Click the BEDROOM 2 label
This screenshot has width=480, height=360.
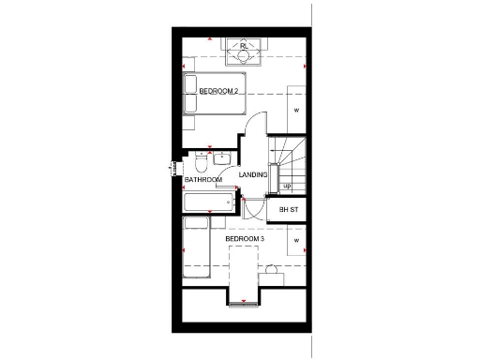pos(218,91)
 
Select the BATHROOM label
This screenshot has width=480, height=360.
pos(202,179)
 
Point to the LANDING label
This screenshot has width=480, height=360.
pos(253,174)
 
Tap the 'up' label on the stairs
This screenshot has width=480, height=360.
pos(286,186)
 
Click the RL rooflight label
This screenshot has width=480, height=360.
pos(243,45)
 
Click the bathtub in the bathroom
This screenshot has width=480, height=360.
pos(207,202)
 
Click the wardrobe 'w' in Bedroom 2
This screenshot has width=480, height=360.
pos(296,111)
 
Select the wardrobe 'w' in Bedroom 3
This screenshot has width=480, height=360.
pos(296,242)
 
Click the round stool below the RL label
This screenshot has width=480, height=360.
pos(242,57)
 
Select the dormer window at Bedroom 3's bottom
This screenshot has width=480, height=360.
pos(244,302)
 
